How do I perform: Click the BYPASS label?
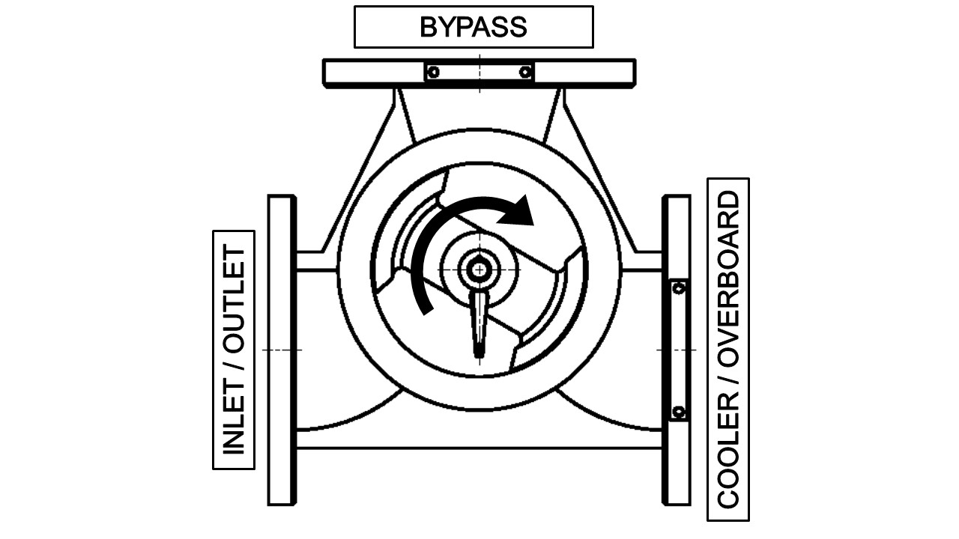tap(474, 27)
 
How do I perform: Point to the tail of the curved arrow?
tap(426, 307)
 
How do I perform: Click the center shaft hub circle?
tap(477, 269)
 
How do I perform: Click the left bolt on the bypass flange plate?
tap(433, 72)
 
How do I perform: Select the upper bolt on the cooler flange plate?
tap(679, 288)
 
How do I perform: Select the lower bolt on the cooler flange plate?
tap(679, 412)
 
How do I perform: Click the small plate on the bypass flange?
tap(479, 72)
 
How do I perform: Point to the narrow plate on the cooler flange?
tap(679, 350)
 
